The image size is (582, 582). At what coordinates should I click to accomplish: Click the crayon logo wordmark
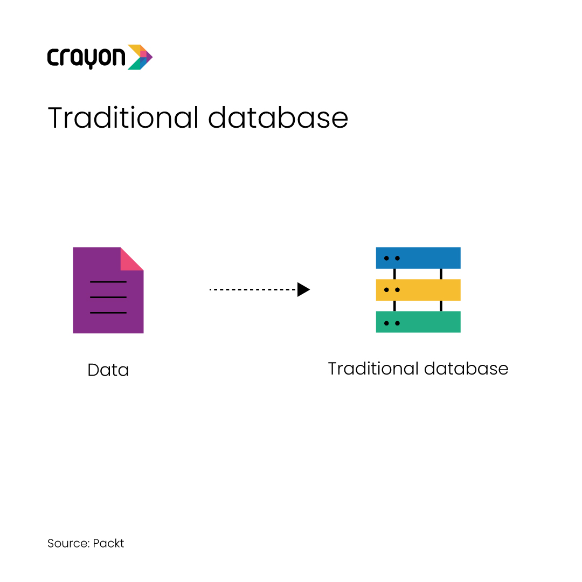click(86, 58)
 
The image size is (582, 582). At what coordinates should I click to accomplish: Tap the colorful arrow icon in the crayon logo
click(140, 57)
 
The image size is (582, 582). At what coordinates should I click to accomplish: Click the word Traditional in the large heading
click(123, 117)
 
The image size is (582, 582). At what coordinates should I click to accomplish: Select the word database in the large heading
click(278, 117)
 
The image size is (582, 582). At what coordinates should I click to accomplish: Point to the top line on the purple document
click(108, 282)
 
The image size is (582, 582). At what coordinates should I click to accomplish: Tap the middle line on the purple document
click(108, 297)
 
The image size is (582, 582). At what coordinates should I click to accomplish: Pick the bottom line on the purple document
click(108, 313)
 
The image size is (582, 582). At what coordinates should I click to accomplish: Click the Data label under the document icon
click(108, 370)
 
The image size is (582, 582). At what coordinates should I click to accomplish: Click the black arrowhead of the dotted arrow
click(303, 289)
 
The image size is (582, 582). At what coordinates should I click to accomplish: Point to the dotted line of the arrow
click(253, 289)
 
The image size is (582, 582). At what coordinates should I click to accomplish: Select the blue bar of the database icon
click(418, 258)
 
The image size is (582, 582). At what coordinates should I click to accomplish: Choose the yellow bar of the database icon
click(418, 290)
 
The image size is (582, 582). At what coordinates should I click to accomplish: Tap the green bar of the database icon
click(418, 322)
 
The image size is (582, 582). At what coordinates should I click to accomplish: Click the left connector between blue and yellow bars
click(394, 274)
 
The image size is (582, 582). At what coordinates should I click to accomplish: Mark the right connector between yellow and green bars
click(441, 306)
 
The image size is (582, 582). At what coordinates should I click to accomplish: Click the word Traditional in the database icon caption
click(373, 369)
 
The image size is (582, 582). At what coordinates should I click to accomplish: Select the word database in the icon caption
click(466, 369)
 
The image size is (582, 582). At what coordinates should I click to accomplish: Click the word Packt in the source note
click(108, 543)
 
